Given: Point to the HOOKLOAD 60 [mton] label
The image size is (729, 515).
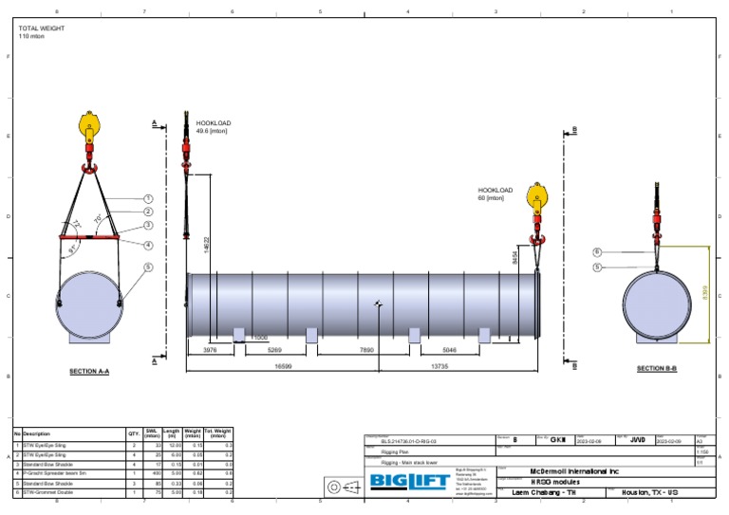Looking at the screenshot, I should coord(495,194).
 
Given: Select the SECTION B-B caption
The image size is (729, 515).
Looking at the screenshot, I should coord(656,368).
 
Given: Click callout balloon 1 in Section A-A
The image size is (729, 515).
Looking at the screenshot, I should coord(148,198).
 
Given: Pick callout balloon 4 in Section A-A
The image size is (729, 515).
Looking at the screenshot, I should coord(148,245).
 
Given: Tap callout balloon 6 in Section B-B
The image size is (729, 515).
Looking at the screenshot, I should coord(597,251).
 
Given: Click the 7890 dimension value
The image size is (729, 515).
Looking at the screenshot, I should coord(365,349).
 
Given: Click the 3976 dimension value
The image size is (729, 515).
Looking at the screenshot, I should coord(210,349).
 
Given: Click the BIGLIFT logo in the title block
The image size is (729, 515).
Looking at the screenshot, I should coord(410,482).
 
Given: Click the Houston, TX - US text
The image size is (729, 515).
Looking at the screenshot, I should coord(649,493).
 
